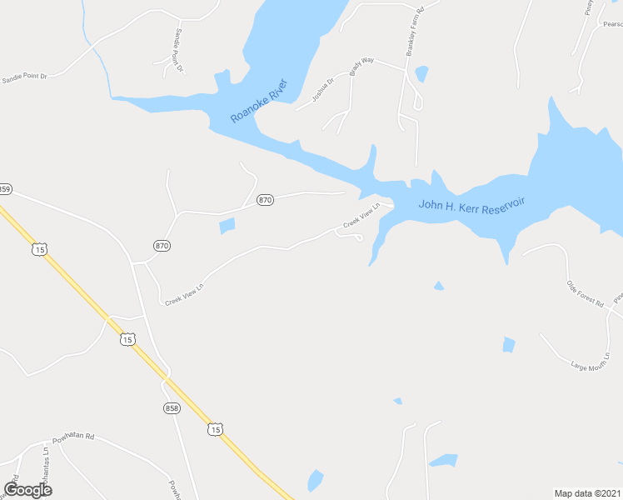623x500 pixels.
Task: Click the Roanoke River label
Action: pos(259,101)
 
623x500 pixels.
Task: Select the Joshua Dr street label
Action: pos(322,89)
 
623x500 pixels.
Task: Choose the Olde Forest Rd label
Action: pos(585,293)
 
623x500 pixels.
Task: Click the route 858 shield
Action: pos(171,407)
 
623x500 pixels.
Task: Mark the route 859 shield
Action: pos(4,189)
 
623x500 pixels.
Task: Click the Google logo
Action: pos(27,489)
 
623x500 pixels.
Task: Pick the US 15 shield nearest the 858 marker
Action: pos(215,429)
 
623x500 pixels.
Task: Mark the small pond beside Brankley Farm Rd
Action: pos(421,74)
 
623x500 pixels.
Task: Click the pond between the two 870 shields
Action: pos(226,225)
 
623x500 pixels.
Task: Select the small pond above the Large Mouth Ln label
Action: pos(509,344)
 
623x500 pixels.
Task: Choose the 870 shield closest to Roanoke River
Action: pos(265,200)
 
